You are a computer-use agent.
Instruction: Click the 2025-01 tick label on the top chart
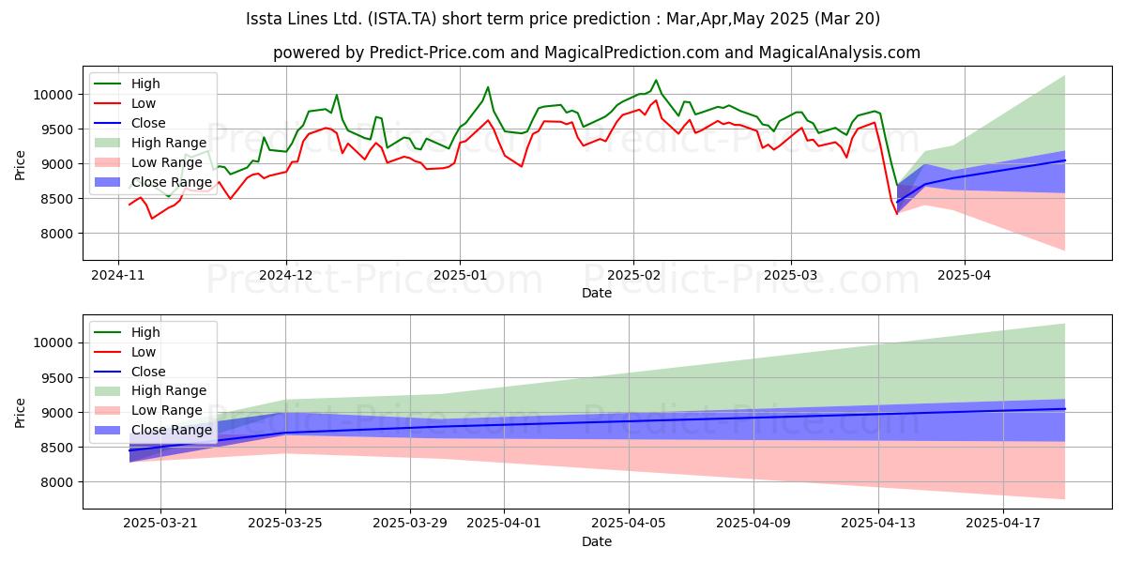click(460, 275)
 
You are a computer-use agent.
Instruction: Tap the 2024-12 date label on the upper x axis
click(286, 275)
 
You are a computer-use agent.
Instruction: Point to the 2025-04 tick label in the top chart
click(965, 275)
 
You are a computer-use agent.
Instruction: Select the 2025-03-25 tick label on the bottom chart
click(285, 523)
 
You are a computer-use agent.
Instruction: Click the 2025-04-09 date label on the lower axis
click(753, 523)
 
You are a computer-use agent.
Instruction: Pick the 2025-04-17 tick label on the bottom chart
click(1003, 523)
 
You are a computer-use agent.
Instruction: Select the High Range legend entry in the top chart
click(150, 143)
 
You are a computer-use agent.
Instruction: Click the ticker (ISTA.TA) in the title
click(403, 19)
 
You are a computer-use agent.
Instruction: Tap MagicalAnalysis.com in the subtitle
click(839, 53)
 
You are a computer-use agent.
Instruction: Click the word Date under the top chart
click(597, 293)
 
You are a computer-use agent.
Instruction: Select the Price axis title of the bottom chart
click(20, 413)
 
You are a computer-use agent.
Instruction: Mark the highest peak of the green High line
click(656, 80)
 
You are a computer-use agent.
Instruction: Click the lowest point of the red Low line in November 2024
click(152, 218)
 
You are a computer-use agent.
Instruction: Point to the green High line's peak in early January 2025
click(487, 87)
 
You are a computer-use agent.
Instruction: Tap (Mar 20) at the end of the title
click(847, 19)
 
